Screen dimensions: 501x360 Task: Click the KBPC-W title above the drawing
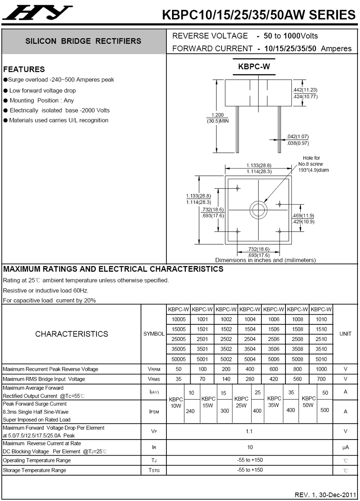254,66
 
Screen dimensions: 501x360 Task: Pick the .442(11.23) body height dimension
305,90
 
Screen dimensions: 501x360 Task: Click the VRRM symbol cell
153,369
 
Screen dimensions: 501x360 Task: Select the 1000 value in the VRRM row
321,369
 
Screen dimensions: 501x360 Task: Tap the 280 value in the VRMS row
250,379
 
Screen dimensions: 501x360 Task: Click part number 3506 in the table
274,349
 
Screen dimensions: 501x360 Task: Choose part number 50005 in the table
179,359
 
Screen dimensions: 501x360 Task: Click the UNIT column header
346,334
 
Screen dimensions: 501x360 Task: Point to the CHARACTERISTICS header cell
72,334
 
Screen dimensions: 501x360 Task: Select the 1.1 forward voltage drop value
249,432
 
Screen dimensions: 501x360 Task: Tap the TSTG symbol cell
153,471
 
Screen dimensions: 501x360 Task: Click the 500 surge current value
324,410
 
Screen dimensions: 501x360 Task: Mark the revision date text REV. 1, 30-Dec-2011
325,495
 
